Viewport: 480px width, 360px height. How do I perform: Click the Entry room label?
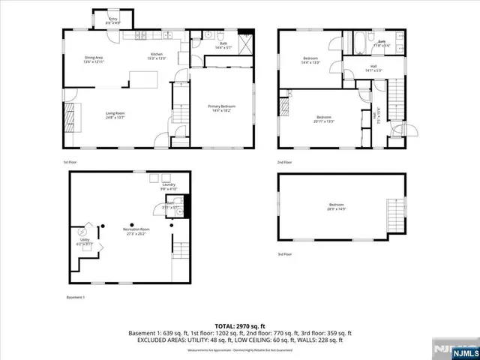(x=113, y=20)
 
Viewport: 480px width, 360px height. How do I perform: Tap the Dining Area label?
(x=94, y=58)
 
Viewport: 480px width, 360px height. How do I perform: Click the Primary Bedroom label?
(x=219, y=109)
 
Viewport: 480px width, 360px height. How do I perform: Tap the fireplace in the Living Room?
(x=70, y=118)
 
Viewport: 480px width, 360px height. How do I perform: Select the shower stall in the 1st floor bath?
(x=244, y=40)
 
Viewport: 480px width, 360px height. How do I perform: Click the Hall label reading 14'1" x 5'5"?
(x=373, y=68)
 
